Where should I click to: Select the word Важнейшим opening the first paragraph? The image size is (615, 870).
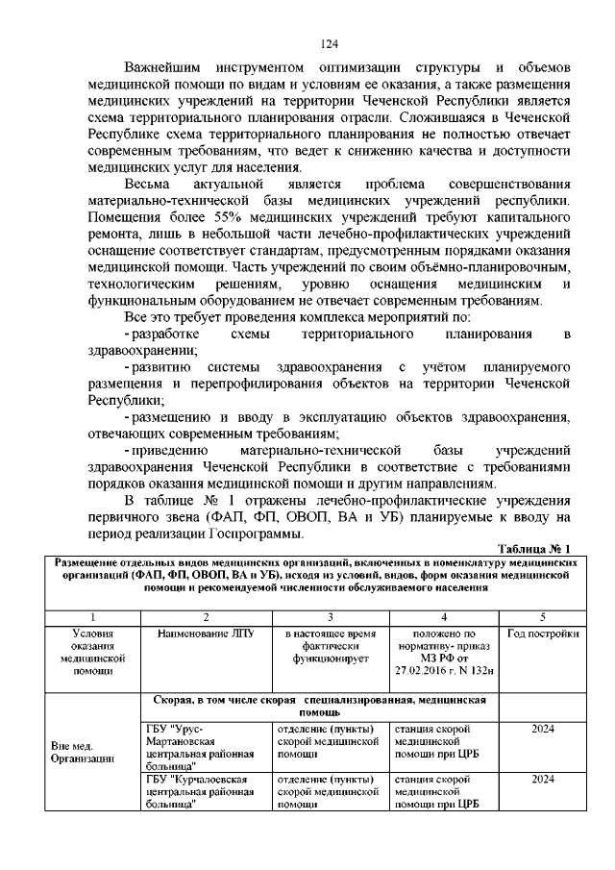click(170, 68)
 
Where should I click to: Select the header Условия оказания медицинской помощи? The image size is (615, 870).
click(93, 653)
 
